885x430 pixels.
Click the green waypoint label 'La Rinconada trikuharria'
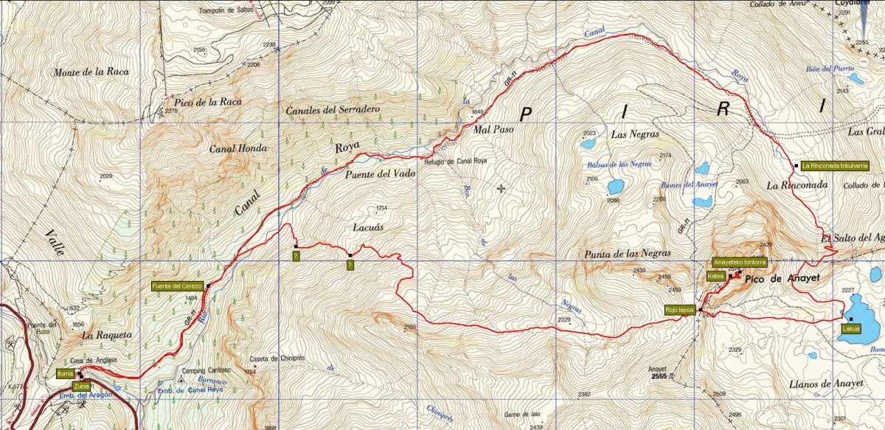pyautogui.click(x=833, y=165)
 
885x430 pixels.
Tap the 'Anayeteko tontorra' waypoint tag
pyautogui.click(x=740, y=262)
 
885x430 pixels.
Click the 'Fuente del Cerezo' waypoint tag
pyautogui.click(x=177, y=286)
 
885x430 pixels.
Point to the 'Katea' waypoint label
pyautogui.click(x=715, y=276)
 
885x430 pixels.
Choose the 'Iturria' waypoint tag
pyautogui.click(x=65, y=374)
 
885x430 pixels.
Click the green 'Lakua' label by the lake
pyautogui.click(x=850, y=330)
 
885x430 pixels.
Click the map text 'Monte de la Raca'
pyautogui.click(x=91, y=72)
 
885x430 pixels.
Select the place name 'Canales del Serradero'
pyautogui.click(x=332, y=110)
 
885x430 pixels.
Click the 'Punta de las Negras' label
pyautogui.click(x=621, y=254)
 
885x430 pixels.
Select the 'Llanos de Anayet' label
pyautogui.click(x=825, y=381)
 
